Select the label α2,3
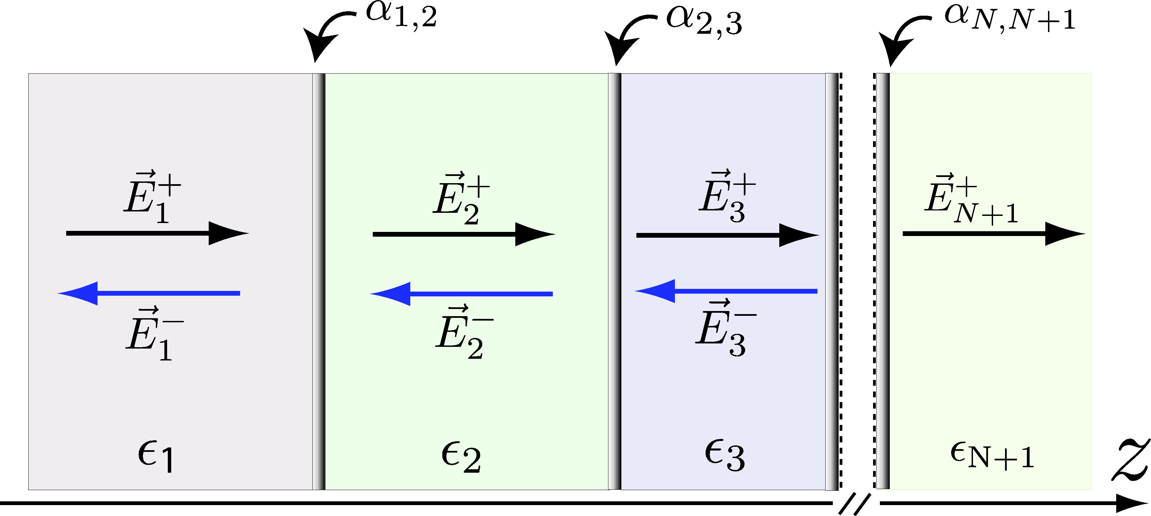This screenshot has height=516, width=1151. [x=704, y=21]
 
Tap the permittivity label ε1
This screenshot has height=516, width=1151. [x=155, y=456]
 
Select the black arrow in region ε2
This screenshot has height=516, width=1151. [x=463, y=234]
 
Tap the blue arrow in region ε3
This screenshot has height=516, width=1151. [x=726, y=291]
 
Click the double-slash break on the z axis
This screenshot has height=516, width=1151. [x=854, y=503]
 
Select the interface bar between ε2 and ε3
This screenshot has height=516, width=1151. [x=615, y=281]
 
